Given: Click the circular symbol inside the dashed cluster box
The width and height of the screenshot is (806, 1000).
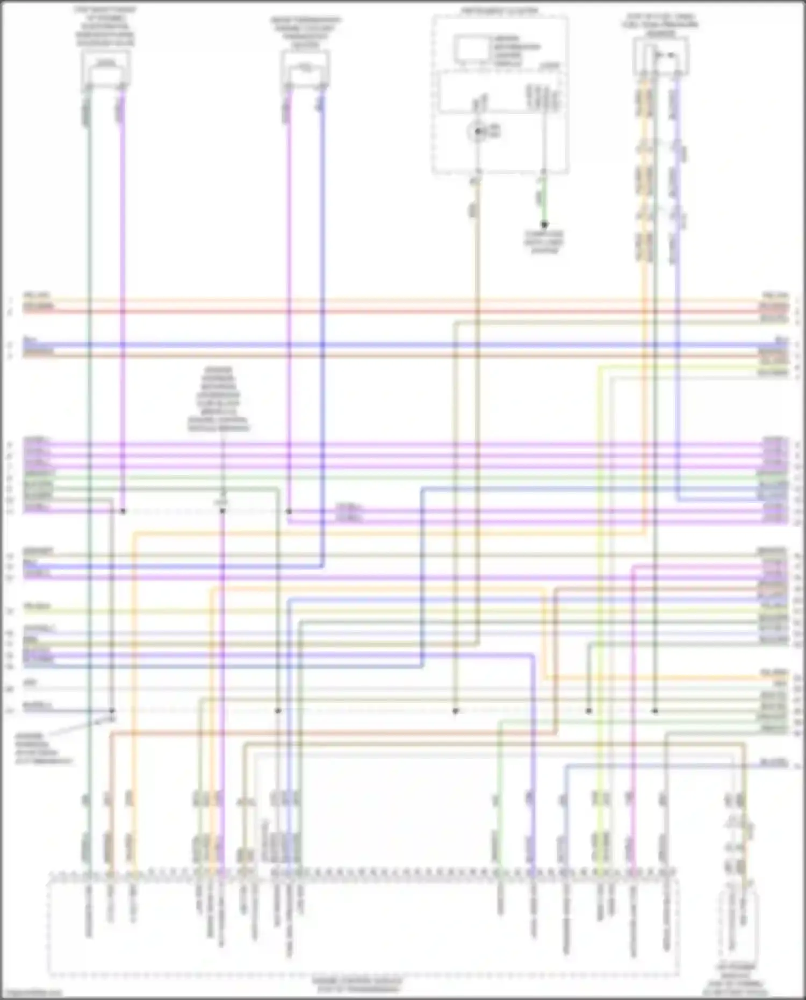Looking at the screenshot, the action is (x=477, y=131).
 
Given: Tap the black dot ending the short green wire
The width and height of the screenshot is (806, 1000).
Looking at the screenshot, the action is (x=544, y=225).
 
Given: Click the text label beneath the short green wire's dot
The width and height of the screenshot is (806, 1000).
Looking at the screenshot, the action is (x=544, y=242).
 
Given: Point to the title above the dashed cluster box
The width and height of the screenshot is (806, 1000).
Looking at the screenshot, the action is (x=499, y=10).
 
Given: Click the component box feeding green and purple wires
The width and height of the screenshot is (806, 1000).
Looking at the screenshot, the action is (x=106, y=70).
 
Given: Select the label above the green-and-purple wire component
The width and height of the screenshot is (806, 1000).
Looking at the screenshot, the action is (x=106, y=26).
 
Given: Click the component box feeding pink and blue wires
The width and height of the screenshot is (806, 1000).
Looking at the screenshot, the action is (x=305, y=72).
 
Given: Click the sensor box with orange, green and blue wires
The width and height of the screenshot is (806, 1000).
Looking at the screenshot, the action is (x=661, y=57).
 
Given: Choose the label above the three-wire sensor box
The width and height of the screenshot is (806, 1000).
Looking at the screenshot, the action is (x=660, y=24).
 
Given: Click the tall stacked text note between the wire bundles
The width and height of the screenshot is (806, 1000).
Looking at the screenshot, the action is (x=219, y=399).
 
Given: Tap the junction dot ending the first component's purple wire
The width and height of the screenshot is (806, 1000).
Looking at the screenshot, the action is (x=123, y=511).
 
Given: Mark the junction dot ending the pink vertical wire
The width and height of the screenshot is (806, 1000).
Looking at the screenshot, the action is (x=289, y=511).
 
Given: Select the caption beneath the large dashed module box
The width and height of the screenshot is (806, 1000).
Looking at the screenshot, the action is (x=357, y=984).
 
